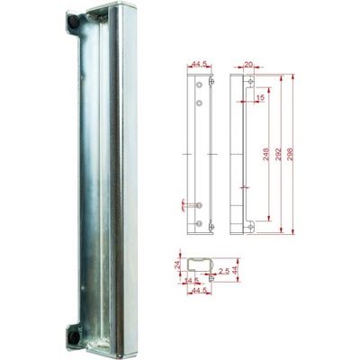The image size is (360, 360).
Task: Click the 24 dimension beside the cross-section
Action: click(x=175, y=265)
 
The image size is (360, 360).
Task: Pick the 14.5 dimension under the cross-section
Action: click(x=191, y=281)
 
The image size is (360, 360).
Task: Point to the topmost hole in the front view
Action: click(x=200, y=85)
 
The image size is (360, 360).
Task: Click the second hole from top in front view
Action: click(x=200, y=103)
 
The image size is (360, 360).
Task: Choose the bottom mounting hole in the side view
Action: click(x=251, y=225)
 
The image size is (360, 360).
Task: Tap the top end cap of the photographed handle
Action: click(x=99, y=13)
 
